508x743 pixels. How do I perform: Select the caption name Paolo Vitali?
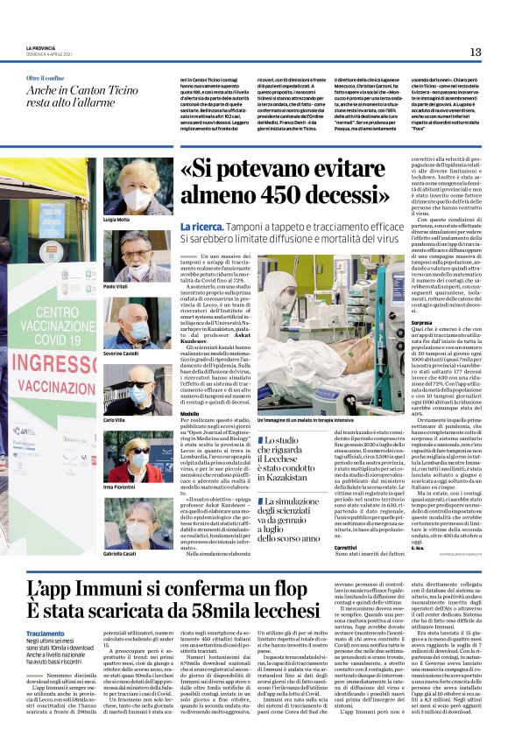116,285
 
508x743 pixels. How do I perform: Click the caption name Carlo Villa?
115,421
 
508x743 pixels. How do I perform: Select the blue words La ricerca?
192,227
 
